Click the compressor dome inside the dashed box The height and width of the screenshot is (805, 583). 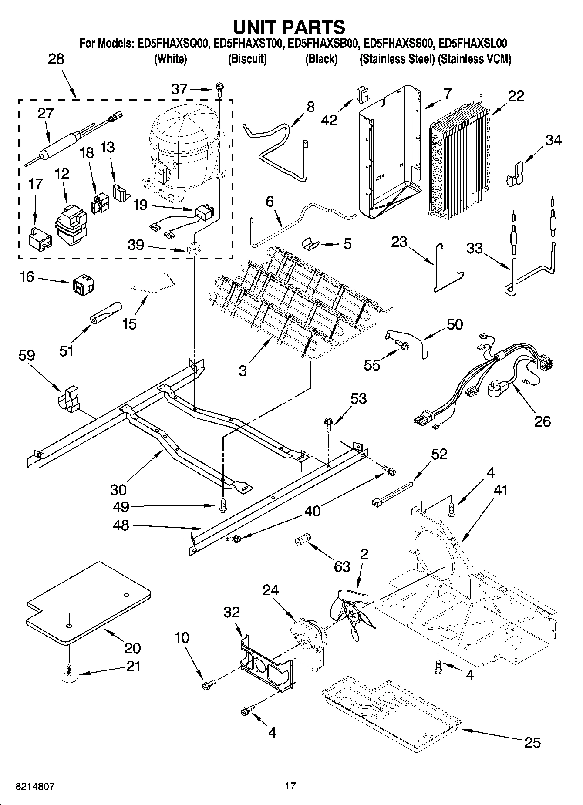click(183, 131)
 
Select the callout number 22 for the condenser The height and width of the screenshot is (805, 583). click(516, 96)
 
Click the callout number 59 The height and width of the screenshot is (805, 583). click(27, 356)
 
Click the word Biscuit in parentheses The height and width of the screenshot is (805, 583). click(247, 59)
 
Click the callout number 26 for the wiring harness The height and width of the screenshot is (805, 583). click(543, 421)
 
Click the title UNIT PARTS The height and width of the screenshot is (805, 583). click(289, 27)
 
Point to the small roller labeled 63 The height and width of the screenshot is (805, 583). click(303, 540)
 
